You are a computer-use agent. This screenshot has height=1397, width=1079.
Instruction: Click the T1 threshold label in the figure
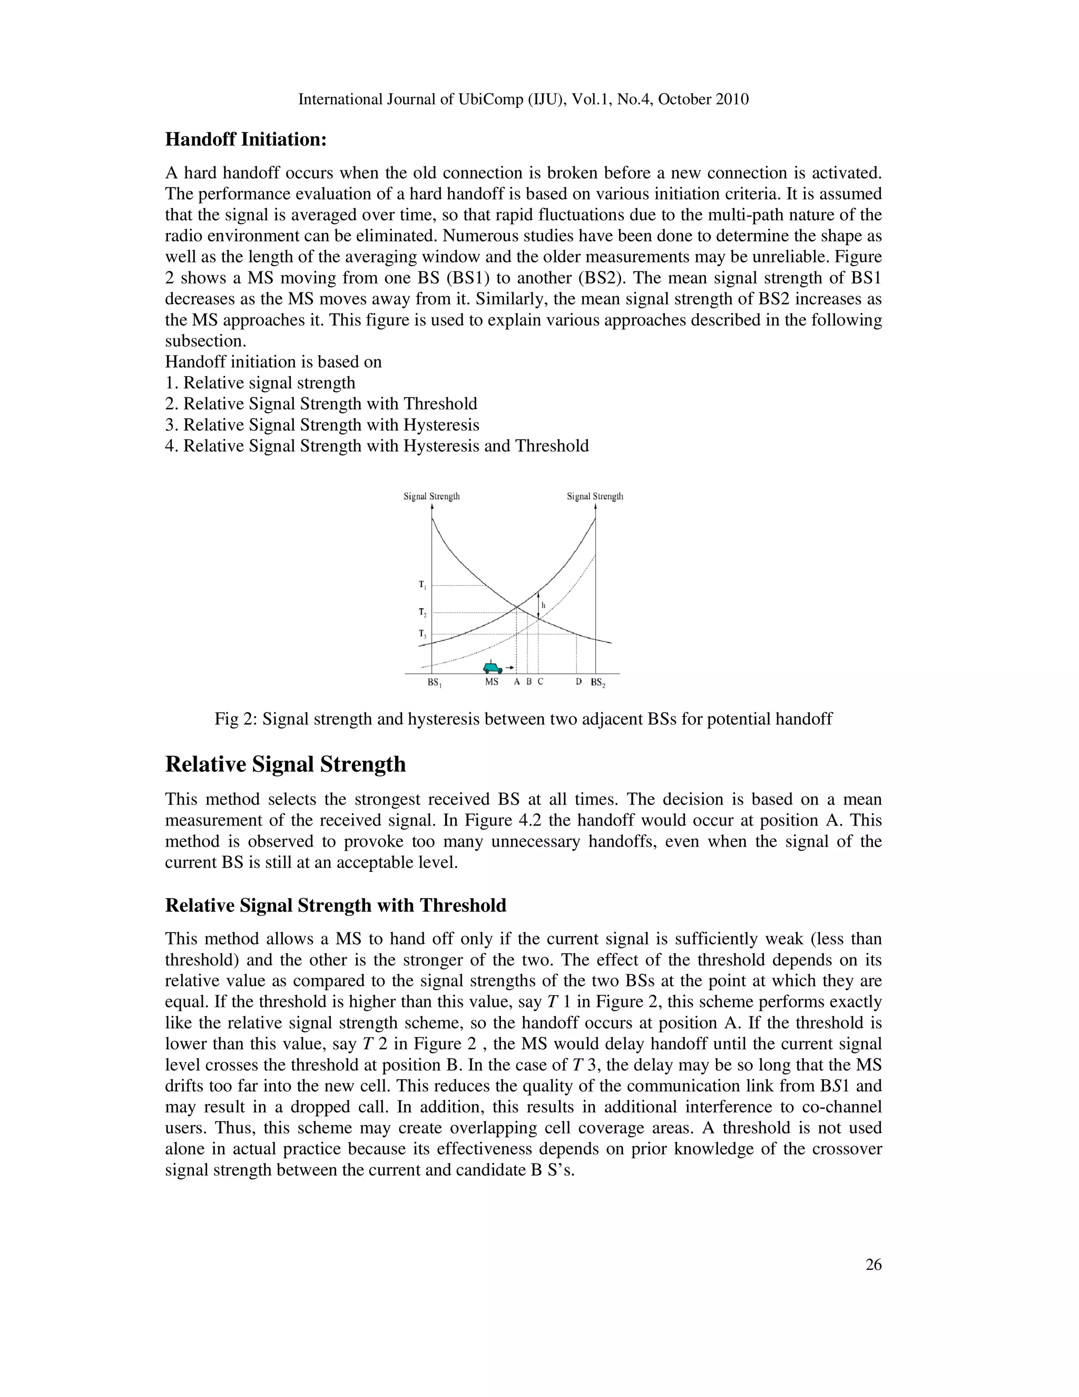pyautogui.click(x=423, y=585)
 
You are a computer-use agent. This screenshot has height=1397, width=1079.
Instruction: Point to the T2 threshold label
pyautogui.click(x=423, y=612)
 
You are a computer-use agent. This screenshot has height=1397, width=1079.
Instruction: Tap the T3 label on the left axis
pyautogui.click(x=423, y=634)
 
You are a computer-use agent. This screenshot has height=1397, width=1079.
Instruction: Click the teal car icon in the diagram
pyautogui.click(x=492, y=668)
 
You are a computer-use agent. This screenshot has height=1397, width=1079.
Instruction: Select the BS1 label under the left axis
pyautogui.click(x=434, y=683)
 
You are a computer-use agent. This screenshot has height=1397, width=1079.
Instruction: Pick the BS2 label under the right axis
pyautogui.click(x=597, y=683)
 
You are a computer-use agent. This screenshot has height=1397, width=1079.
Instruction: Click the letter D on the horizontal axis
pyautogui.click(x=578, y=682)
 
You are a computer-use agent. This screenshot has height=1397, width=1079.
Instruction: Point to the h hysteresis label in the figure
pyautogui.click(x=543, y=605)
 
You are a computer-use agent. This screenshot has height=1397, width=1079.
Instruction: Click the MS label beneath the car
pyautogui.click(x=492, y=682)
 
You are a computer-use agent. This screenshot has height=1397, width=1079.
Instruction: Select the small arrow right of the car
pyautogui.click(x=509, y=668)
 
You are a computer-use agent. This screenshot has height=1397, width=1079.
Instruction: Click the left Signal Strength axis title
pyautogui.click(x=431, y=497)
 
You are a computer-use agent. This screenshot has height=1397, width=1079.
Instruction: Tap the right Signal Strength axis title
pyautogui.click(x=595, y=497)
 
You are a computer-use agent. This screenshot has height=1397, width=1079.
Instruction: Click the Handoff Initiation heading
pyautogui.click(x=246, y=140)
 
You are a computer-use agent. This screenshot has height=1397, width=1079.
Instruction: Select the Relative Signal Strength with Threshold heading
pyautogui.click(x=336, y=906)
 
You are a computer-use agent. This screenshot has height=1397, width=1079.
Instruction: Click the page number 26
pyautogui.click(x=873, y=1265)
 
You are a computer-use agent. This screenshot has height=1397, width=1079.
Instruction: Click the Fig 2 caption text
pyautogui.click(x=523, y=719)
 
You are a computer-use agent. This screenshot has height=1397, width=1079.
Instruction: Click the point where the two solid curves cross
pyautogui.click(x=516, y=605)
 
